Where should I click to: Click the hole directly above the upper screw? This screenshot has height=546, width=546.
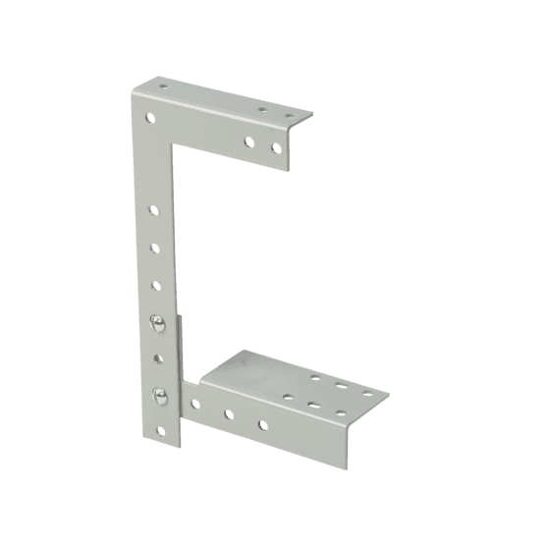[x=155, y=286]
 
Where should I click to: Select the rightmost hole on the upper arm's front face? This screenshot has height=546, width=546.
[x=276, y=148]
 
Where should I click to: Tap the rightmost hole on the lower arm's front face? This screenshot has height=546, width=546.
[x=262, y=425]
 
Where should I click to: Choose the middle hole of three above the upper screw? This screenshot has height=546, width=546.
[x=154, y=248]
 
